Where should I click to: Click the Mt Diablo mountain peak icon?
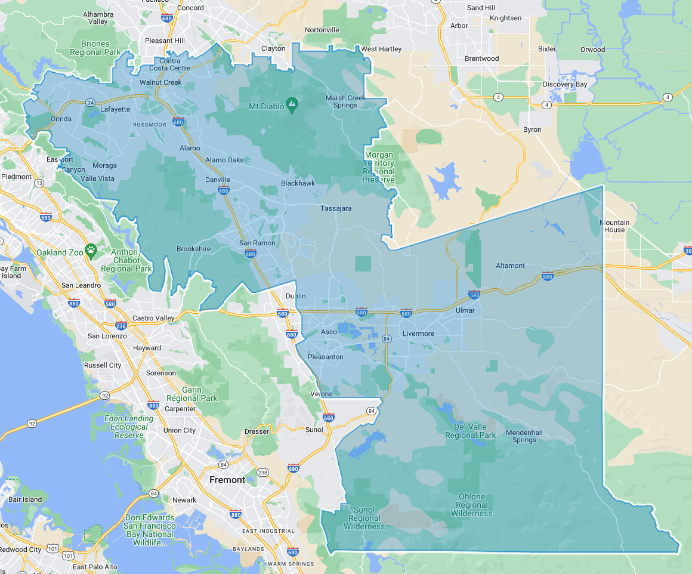(x=292, y=106)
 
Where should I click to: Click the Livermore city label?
(x=418, y=334)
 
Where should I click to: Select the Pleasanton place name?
(x=325, y=357)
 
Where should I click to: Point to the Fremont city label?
(x=227, y=480)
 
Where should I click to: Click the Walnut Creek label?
(x=160, y=82)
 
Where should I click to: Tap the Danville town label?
(x=217, y=180)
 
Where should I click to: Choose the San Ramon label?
(x=257, y=243)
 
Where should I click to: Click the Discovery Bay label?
(x=564, y=84)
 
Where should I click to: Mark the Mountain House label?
(x=614, y=226)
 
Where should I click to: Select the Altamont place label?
(x=510, y=266)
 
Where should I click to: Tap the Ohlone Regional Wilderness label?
(x=471, y=505)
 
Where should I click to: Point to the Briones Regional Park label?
(x=95, y=48)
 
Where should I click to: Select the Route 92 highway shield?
(x=105, y=395)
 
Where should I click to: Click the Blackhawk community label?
(x=298, y=183)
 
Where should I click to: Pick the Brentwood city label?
(x=481, y=58)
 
